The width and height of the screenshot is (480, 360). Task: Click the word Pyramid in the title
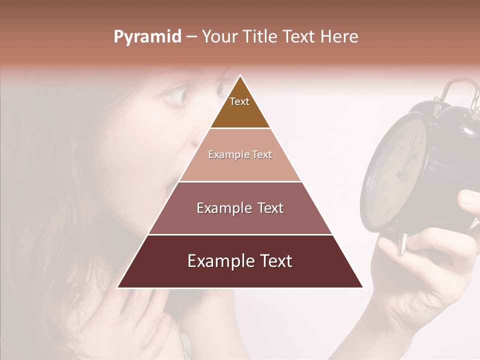(147, 37)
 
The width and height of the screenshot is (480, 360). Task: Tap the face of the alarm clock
(397, 170)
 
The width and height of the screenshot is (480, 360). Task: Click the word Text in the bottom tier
(271, 261)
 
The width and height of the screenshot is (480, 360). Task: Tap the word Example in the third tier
(218, 208)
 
